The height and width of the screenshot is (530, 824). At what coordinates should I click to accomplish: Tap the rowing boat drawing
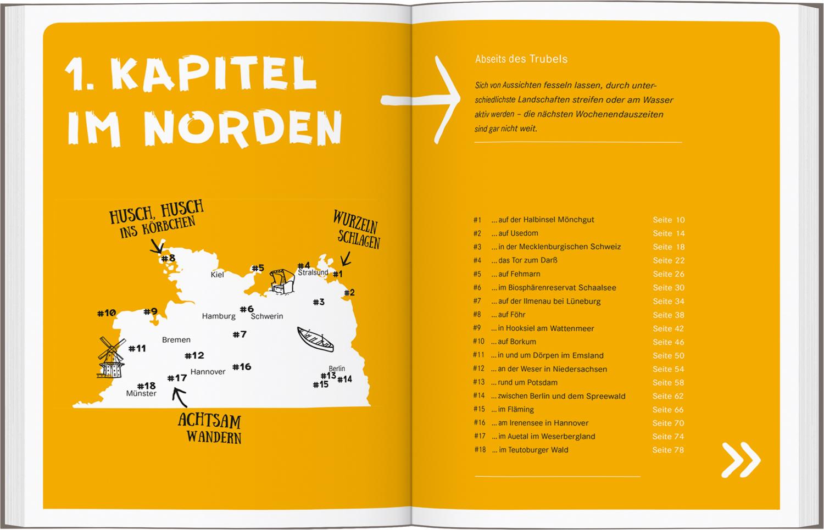pyautogui.click(x=315, y=339)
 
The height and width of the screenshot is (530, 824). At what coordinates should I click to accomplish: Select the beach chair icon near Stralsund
pyautogui.click(x=283, y=282)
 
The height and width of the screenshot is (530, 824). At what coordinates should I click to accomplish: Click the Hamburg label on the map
pyautogui.click(x=219, y=316)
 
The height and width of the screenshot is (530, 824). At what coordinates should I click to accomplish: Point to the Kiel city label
pyautogui.click(x=218, y=275)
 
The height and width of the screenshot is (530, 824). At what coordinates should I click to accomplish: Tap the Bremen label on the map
pyautogui.click(x=176, y=340)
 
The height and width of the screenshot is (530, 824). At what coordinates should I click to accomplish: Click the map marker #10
pyautogui.click(x=107, y=313)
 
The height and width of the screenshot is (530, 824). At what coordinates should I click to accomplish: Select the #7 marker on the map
pyautogui.click(x=240, y=334)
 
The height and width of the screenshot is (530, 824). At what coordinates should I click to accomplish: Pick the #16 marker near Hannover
pyautogui.click(x=242, y=366)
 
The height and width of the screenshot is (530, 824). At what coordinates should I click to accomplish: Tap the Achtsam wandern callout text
pyautogui.click(x=210, y=428)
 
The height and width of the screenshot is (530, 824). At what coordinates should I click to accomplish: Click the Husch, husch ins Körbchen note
pyautogui.click(x=157, y=219)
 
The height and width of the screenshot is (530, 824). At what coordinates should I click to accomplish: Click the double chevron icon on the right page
pyautogui.click(x=741, y=459)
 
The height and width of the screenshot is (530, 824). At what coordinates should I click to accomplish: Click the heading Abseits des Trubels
pyautogui.click(x=521, y=59)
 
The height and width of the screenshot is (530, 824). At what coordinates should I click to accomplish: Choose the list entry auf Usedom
pyautogui.click(x=510, y=233)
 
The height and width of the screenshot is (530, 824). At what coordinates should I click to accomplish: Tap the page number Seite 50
pyautogui.click(x=669, y=355)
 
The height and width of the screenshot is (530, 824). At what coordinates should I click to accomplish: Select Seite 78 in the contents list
pyautogui.click(x=668, y=450)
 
